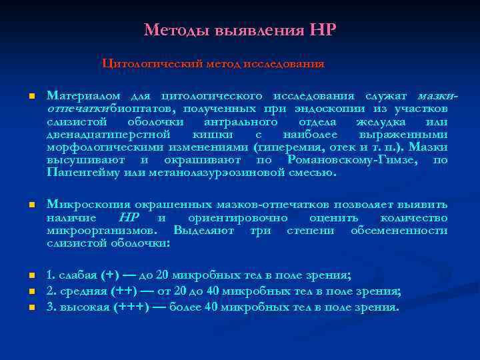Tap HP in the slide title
(323, 31)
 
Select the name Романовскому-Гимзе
(353, 160)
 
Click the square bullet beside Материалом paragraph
(31, 97)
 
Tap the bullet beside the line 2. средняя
(31, 292)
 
